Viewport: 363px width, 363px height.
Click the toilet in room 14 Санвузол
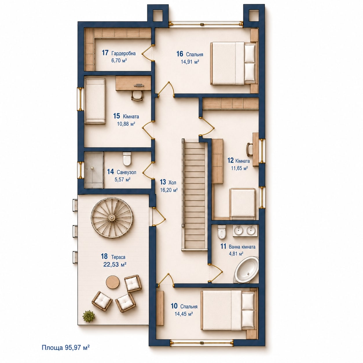(x=126, y=159)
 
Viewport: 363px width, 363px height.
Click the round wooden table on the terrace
(x=113, y=282)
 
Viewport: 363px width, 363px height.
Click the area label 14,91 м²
(x=190, y=62)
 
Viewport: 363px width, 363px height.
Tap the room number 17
(x=105, y=53)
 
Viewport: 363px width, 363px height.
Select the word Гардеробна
(x=124, y=53)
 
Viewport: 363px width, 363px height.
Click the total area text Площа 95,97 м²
(x=65, y=347)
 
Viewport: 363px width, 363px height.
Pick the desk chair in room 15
(x=137, y=96)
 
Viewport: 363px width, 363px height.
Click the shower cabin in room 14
(x=94, y=170)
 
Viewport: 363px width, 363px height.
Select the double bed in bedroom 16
(x=234, y=63)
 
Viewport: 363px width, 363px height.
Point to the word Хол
(x=172, y=182)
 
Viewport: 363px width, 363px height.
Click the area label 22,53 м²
(x=115, y=265)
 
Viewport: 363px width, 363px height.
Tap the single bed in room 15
(x=95, y=101)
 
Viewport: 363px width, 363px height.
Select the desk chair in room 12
(x=250, y=150)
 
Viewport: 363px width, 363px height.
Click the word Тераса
(x=118, y=257)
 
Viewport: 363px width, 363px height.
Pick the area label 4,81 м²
(x=236, y=254)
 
